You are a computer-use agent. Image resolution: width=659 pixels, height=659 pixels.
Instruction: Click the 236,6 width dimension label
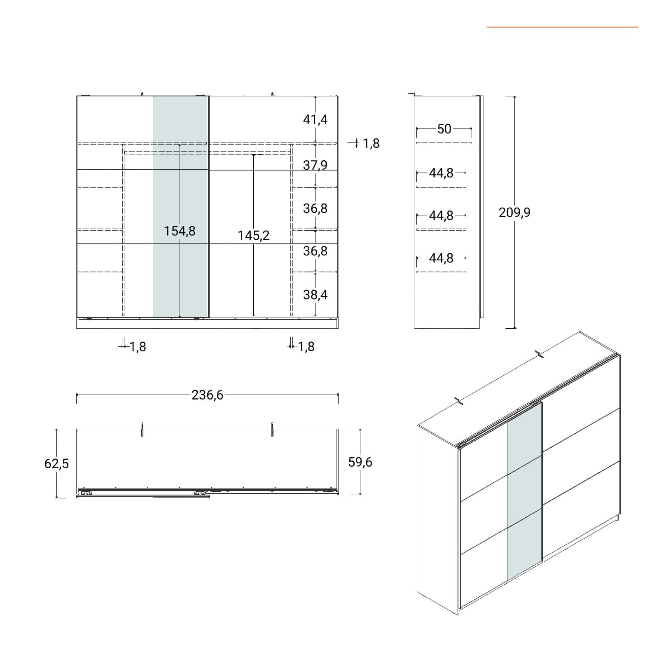[x=207, y=395]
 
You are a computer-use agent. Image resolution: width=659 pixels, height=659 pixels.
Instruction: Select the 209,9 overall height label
[x=514, y=213]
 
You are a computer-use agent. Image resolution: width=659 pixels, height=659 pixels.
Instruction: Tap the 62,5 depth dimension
[x=56, y=464]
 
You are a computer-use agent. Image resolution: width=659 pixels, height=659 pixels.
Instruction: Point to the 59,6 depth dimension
[x=360, y=462]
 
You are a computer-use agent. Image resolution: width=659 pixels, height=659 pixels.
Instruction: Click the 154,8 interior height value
[x=180, y=231]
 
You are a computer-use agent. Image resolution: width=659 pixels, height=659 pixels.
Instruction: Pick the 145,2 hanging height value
[x=254, y=235]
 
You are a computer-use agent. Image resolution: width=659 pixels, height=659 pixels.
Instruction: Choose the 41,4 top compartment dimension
[x=315, y=119]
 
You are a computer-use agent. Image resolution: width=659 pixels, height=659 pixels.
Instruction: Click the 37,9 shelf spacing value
[x=315, y=165]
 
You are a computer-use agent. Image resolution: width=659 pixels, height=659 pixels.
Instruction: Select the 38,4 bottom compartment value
[x=315, y=294]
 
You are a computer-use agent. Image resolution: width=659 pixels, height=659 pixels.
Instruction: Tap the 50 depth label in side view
[x=444, y=129]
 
